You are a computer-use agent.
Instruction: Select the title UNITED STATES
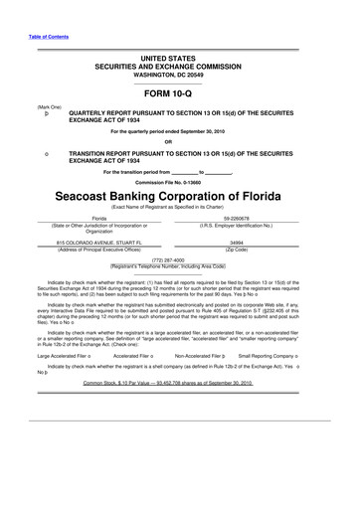[x=179, y=62]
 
